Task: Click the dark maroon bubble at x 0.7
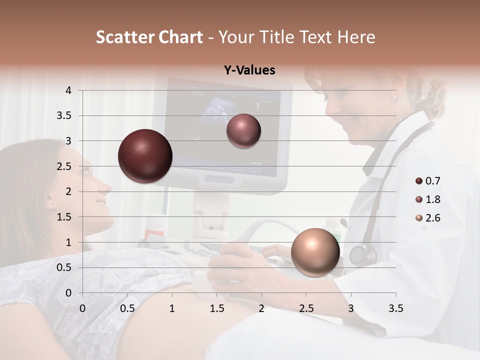[x=145, y=156]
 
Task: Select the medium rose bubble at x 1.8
[x=243, y=131]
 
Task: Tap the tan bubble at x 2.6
[x=315, y=252]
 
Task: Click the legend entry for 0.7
[x=427, y=181]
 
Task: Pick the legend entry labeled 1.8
[x=427, y=199]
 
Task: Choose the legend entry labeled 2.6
[x=427, y=218]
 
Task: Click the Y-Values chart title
[x=249, y=70]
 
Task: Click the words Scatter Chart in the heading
[x=149, y=37]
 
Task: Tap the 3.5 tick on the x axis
[x=395, y=308]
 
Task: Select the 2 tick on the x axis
[x=261, y=308]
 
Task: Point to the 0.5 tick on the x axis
[x=127, y=308]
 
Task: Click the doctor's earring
[x=394, y=99]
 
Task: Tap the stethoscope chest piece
[x=361, y=254]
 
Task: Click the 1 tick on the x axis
[x=172, y=308]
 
